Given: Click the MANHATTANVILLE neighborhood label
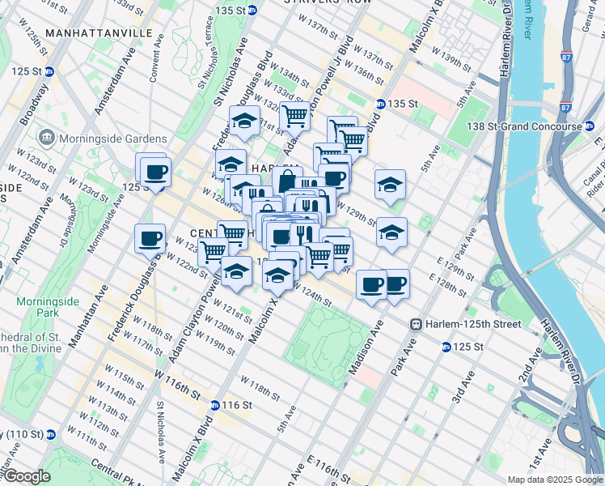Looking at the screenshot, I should [99, 32].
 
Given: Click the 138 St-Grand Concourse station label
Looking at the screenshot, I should [530, 127].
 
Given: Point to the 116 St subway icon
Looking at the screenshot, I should [214, 405].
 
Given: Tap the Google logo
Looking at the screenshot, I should [26, 476].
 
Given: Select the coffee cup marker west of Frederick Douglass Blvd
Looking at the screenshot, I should [150, 238].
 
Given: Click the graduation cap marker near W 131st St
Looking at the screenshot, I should [244, 120].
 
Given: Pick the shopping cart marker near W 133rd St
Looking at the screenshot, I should [294, 117].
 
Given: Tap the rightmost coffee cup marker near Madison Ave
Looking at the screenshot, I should [395, 284].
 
